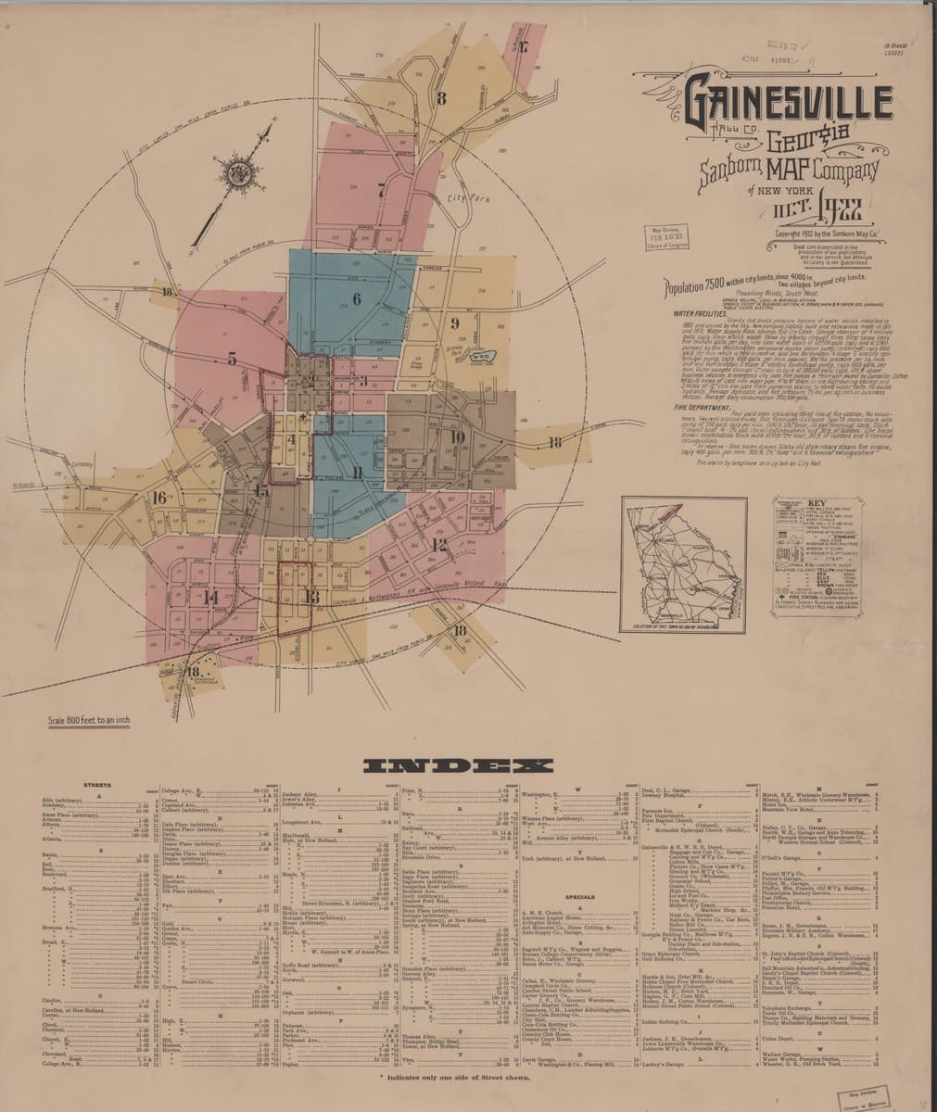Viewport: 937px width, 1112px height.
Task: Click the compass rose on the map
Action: coord(238,170)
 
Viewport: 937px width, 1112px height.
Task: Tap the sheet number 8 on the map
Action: coord(442,98)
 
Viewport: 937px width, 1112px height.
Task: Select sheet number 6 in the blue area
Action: coord(356,299)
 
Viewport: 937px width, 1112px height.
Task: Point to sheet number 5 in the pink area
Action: coord(232,360)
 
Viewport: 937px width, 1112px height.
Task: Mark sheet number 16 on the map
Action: coord(159,498)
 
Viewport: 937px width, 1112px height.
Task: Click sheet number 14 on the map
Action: coord(210,598)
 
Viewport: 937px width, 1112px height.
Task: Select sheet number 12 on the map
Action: coord(438,544)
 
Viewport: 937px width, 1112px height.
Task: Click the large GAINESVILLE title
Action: coord(788,105)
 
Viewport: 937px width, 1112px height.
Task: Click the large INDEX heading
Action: coord(460,765)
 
